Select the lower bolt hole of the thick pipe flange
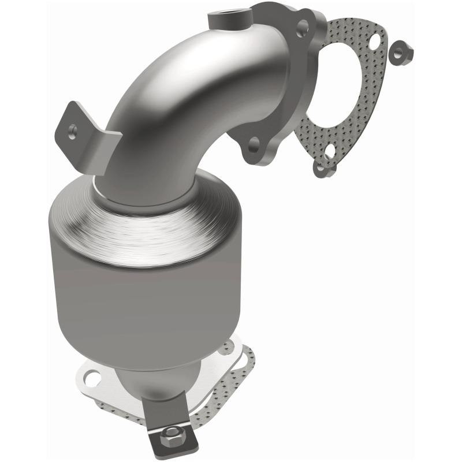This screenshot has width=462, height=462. (x=253, y=144)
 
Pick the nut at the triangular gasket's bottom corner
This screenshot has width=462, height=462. (x=321, y=167)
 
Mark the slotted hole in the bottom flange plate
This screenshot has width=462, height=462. (x=92, y=379)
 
